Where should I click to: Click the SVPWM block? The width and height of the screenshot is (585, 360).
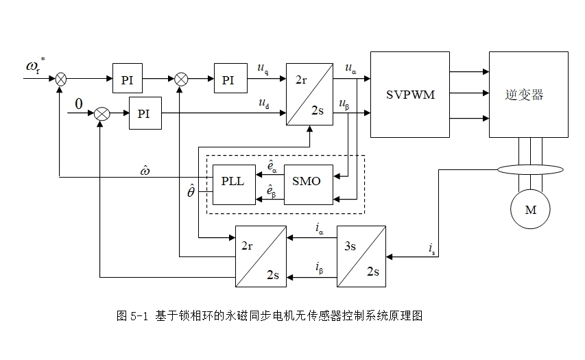pos(409,95)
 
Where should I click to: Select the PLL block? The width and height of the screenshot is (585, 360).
pos(234,184)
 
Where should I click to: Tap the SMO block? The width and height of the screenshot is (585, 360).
pos(308,184)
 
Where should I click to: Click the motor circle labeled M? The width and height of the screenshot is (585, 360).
pos(530,209)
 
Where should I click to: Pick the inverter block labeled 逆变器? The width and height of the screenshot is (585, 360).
pos(528,95)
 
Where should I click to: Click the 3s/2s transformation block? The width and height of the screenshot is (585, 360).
pos(361,256)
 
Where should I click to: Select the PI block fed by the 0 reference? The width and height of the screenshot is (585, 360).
pos(145,113)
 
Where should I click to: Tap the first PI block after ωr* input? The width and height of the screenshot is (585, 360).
pos(128,78)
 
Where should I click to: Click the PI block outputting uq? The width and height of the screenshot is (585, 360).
pos(230,78)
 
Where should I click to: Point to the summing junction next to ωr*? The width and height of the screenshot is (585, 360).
pos(61,79)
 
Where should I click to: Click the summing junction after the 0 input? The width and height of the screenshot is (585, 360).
pos(102,113)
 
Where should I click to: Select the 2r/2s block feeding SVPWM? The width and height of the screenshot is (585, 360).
pos(309,94)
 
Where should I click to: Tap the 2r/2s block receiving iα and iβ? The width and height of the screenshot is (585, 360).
pos(261,256)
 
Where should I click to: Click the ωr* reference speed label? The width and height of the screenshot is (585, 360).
pos(36,65)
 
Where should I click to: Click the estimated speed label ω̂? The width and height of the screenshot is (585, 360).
pos(145,171)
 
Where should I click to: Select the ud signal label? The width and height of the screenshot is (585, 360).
pos(264,104)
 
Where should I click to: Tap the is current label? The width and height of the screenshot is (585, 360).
pos(431,249)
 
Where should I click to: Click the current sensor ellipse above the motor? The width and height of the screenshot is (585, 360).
pos(530,170)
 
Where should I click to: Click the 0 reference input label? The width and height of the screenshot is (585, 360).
pos(79,104)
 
